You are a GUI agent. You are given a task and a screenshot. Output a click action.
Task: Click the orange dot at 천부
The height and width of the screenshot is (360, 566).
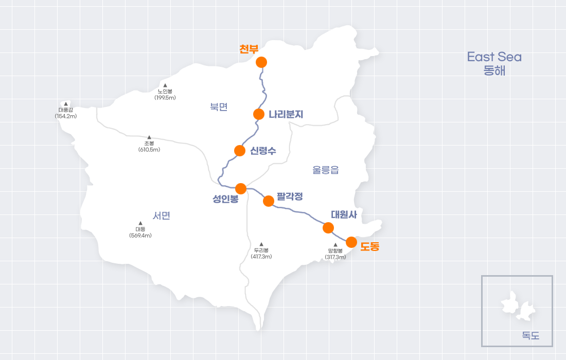pos(261,62)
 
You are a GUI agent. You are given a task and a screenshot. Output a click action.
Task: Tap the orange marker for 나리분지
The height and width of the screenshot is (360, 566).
pos(259,114)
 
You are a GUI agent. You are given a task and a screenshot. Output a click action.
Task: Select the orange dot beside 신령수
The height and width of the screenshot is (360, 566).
pos(240,151)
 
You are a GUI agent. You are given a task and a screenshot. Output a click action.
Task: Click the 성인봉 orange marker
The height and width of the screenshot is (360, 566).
pos(241,189)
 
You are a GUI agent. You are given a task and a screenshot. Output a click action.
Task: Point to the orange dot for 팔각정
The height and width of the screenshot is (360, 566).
pos(268,201)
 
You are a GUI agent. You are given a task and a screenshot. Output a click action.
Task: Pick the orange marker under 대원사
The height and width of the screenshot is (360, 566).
pos(328,227)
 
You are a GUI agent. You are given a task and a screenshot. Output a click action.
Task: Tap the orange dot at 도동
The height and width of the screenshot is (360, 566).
pos(351,242)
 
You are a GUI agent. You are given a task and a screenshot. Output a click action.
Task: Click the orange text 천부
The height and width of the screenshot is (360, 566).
pos(249,49)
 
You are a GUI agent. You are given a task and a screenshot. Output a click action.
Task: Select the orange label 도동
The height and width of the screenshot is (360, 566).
pos(369,246)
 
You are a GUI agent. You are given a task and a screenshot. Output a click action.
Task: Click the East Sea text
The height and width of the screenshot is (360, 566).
pos(494,57)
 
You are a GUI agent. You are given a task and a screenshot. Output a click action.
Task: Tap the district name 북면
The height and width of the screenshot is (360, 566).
pos(219,107)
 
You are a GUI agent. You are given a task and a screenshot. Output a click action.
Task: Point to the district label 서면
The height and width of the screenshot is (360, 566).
pos(162,216)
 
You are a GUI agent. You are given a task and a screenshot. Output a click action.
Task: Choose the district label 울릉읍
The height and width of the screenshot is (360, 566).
pos(326,170)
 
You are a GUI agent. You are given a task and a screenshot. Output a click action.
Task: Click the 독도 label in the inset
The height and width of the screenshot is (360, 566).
pos(530,336)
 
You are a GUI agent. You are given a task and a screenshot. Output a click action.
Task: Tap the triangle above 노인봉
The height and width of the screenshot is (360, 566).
pos(165,85)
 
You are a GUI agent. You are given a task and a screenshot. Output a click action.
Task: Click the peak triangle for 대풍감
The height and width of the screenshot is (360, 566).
pos(66,104)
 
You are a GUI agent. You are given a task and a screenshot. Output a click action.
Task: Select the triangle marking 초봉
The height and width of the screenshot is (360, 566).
pos(149,137)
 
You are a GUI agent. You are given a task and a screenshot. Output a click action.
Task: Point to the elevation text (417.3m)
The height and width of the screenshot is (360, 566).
pos(261,256)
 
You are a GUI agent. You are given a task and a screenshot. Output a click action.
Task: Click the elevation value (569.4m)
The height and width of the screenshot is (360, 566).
pos(140,235)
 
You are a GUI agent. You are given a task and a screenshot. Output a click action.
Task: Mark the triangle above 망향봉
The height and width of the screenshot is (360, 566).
pos(335,245)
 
